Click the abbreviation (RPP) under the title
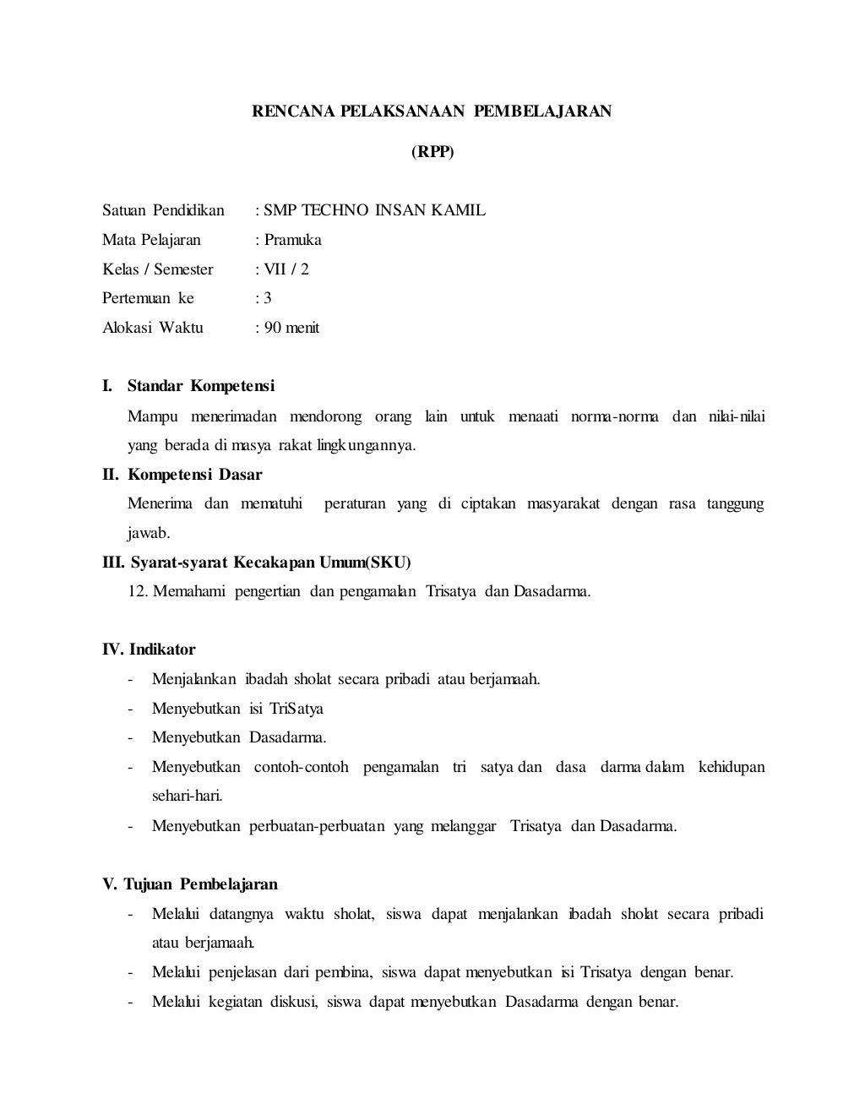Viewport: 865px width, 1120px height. point(432,153)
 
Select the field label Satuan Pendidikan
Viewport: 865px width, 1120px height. point(163,210)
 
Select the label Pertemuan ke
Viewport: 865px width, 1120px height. point(148,298)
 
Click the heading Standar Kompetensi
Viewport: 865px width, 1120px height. point(201,386)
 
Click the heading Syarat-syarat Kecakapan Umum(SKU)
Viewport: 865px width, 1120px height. point(270,563)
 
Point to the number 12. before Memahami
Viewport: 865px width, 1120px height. point(139,591)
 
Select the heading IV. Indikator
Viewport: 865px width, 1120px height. point(149,650)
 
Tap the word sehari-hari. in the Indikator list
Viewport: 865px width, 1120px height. point(188,796)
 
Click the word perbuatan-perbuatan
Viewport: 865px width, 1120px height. point(317,826)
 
